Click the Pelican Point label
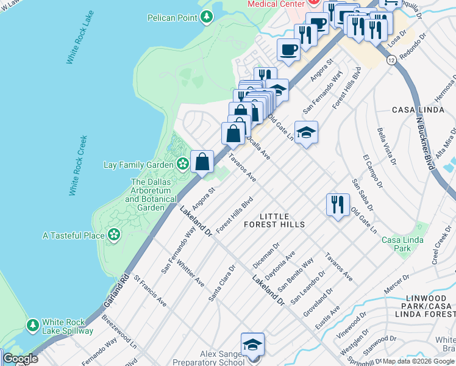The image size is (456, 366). point(172,18)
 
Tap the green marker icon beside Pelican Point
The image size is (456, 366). point(207,17)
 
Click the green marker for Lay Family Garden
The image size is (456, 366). point(182,163)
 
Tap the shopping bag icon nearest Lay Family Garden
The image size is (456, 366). point(202,162)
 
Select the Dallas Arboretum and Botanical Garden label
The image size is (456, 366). point(148,195)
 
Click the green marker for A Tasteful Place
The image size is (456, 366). point(113,235)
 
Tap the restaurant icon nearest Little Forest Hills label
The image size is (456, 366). point(337,204)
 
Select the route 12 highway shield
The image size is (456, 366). point(390,60)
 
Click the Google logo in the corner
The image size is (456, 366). point(20,358)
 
